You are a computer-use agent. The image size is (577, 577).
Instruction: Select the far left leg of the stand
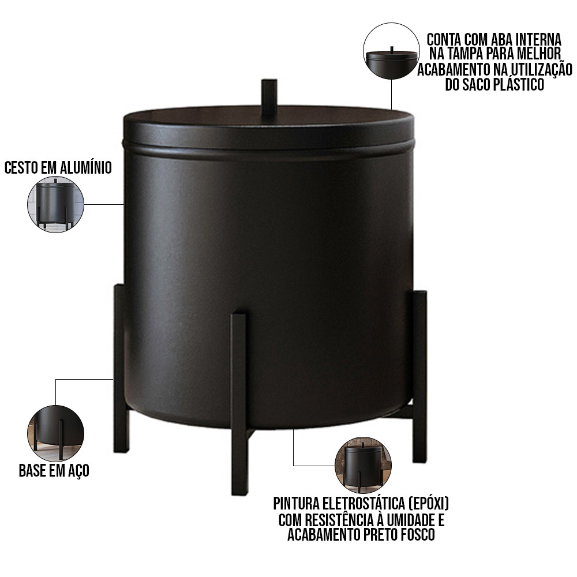coord(121,368)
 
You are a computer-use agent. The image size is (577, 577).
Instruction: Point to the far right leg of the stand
coord(419,376)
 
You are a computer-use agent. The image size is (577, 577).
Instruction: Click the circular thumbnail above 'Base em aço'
coord(55,433)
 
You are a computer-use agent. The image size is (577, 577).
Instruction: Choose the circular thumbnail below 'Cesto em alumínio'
coord(55,204)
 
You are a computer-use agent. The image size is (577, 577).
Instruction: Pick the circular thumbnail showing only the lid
coord(391,51)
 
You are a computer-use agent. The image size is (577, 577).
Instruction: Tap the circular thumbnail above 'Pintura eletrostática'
coord(363,465)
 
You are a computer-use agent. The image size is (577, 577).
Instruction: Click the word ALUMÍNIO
coord(85,168)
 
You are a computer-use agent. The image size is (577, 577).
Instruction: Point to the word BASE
coord(32,471)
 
